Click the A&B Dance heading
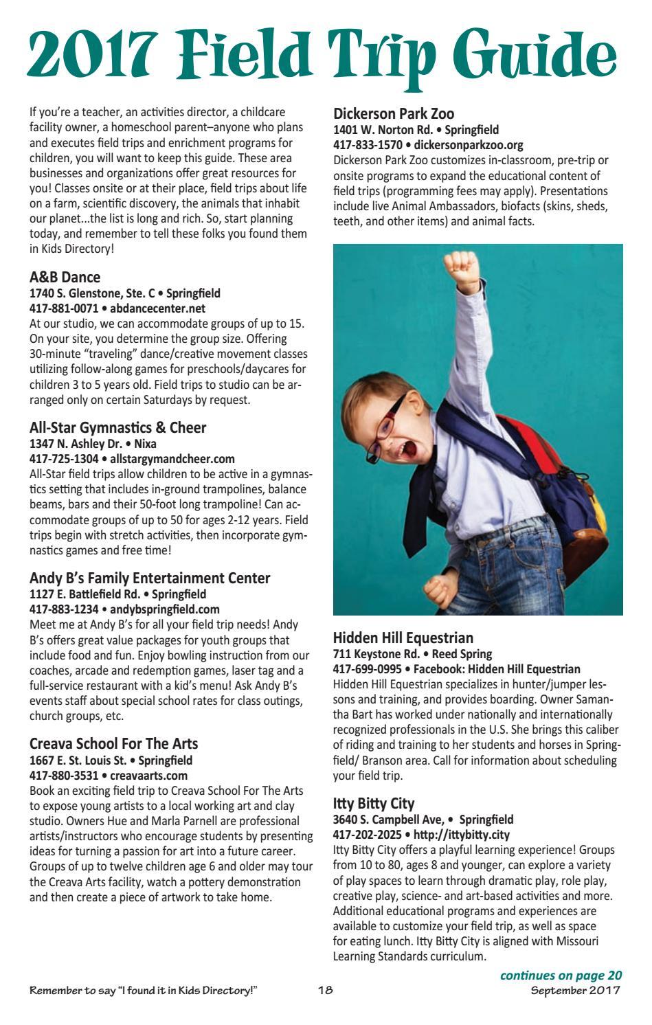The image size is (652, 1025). pos(65,277)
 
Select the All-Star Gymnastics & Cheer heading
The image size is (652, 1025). pos(117,427)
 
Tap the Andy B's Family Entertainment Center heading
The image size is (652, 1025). pos(150,578)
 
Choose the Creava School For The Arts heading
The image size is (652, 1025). pos(113,744)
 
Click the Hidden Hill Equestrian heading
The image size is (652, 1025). pos(403,638)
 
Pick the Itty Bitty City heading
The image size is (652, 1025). pos(374,803)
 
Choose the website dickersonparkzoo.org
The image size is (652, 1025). pos(469,145)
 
